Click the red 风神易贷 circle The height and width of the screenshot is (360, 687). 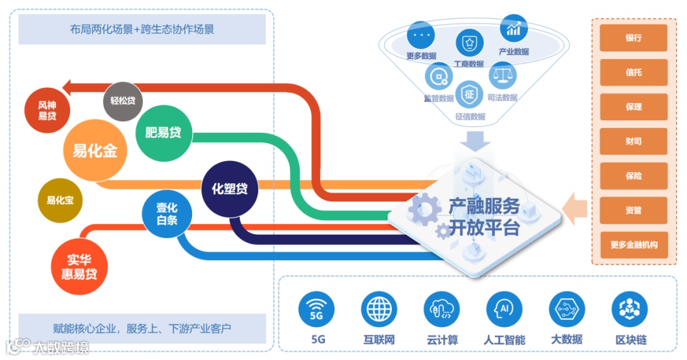coord(46,111)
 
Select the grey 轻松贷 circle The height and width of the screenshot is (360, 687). coord(122,100)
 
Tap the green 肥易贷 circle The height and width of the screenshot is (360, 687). coord(163,133)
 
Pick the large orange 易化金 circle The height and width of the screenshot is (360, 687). coord(95,151)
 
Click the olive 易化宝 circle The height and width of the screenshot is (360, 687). coord(60,200)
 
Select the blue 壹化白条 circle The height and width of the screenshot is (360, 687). coord(167,214)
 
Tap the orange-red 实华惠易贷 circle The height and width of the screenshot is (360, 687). coord(79,267)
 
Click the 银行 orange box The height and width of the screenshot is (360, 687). coord(634,38)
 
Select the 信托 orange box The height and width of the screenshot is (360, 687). coord(634,73)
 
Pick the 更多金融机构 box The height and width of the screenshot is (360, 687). coord(634,245)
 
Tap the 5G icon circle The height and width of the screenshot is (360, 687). coord(317,310)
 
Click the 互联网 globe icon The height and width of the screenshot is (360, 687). coord(379,310)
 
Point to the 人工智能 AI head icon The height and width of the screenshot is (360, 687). coord(504,310)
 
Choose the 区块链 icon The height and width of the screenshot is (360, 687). coord(630,310)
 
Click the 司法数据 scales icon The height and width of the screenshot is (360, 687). coord(502,74)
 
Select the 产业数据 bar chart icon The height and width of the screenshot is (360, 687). coord(513,29)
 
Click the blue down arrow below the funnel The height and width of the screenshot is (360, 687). coord(471,139)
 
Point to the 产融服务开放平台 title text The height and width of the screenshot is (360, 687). coord(484,216)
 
